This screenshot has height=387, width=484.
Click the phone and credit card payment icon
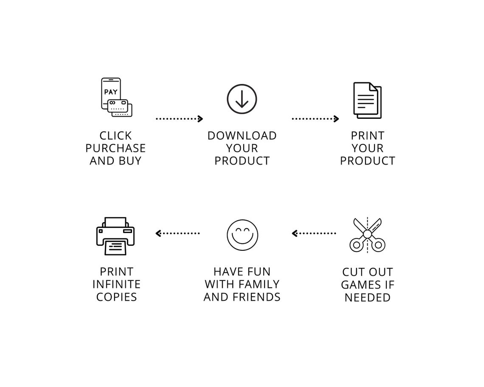tap(116, 97)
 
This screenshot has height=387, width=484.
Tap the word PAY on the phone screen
tap(111, 92)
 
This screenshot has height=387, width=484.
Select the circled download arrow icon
tap(242, 99)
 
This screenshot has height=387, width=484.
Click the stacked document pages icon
tap(367, 100)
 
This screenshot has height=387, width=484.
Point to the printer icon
tap(115, 236)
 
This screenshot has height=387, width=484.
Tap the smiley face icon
tap(242, 235)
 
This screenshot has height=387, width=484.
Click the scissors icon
tap(367, 235)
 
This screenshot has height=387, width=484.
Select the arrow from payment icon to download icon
tap(179, 119)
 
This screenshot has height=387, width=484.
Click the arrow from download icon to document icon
tap(315, 119)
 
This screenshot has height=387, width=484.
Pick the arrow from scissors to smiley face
tap(314, 233)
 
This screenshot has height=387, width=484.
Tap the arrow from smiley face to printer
tap(177, 233)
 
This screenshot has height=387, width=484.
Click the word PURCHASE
tap(115, 149)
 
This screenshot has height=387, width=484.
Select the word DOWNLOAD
tap(242, 136)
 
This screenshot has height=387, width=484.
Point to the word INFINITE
tap(116, 284)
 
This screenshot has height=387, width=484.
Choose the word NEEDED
tap(367, 297)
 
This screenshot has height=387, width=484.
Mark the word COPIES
tap(116, 297)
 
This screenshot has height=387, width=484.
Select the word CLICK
tap(115, 136)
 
